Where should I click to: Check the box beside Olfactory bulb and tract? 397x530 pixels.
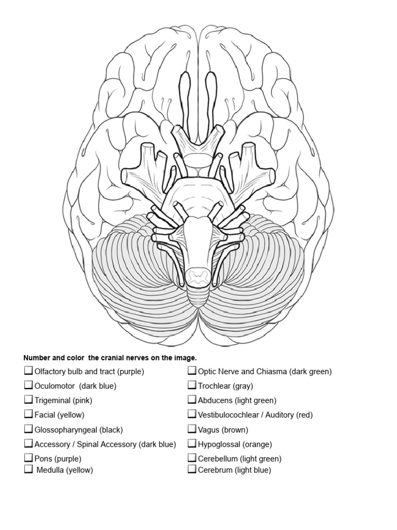tap(28, 371)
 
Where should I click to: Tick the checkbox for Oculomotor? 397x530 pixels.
tap(28, 386)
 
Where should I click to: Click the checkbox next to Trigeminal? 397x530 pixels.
tap(28, 400)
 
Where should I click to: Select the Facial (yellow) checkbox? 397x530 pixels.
tap(28, 415)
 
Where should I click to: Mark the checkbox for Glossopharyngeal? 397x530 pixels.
tap(28, 429)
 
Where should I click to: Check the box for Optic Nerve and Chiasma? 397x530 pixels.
tap(192, 371)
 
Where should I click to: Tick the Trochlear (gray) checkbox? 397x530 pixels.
tap(192, 386)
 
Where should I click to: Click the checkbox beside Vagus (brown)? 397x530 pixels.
tap(192, 429)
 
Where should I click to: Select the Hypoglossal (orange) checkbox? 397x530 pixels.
tap(192, 444)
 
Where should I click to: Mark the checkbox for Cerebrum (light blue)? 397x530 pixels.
tap(192, 470)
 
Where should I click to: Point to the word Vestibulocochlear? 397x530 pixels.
tap(227, 415)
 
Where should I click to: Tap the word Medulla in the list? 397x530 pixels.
tap(50, 470)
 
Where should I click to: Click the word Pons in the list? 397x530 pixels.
tap(43, 459)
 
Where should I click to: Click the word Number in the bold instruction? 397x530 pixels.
tap(37, 358)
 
